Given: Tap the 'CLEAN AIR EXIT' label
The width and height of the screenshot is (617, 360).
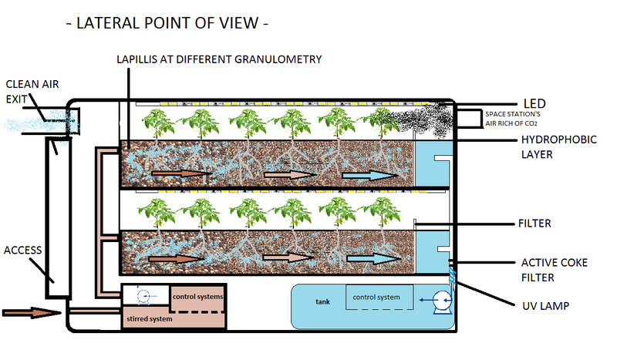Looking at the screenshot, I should [30, 91].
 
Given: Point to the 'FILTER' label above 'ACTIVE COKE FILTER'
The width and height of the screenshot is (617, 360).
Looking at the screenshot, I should [535, 224].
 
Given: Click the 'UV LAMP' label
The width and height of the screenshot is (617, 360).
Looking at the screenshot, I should [545, 306].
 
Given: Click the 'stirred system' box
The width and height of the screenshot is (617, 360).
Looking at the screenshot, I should [151, 317].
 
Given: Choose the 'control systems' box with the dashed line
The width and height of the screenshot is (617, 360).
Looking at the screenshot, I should [197, 297].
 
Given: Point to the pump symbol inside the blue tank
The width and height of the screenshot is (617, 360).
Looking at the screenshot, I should [440, 301].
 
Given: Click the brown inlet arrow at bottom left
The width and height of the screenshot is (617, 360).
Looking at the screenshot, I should [31, 313].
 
